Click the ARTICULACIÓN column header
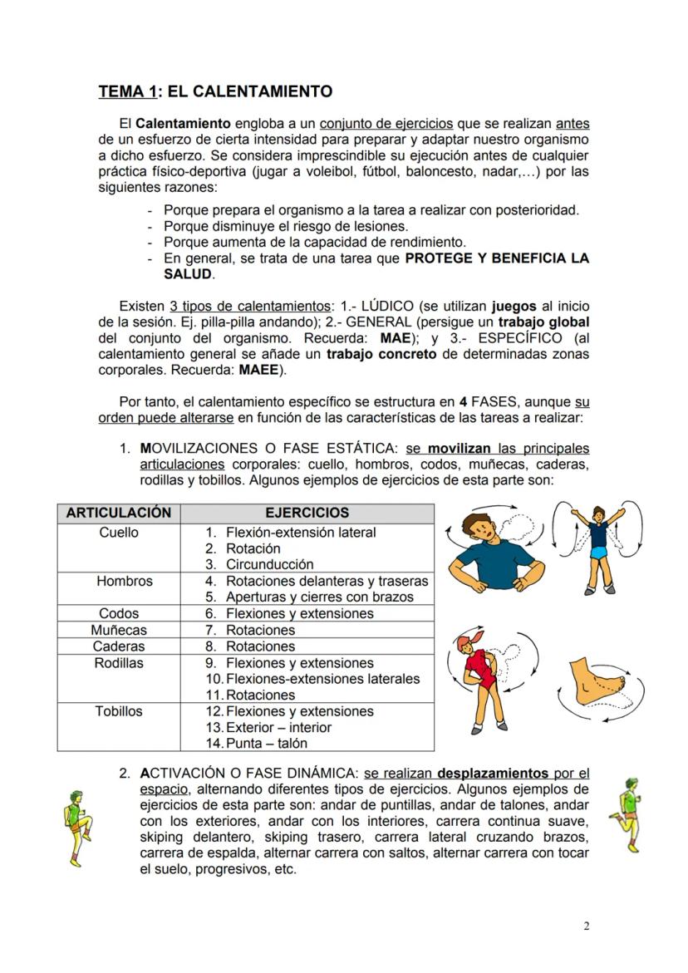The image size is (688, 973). tap(119, 514)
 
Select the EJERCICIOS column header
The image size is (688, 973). tap(307, 514)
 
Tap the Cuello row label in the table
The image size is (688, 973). tap(119, 533)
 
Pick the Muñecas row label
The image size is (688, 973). tap(119, 631)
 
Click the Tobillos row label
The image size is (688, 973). tap(119, 711)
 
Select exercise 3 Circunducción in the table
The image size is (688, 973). tap(269, 565)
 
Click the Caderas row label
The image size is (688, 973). tap(119, 646)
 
